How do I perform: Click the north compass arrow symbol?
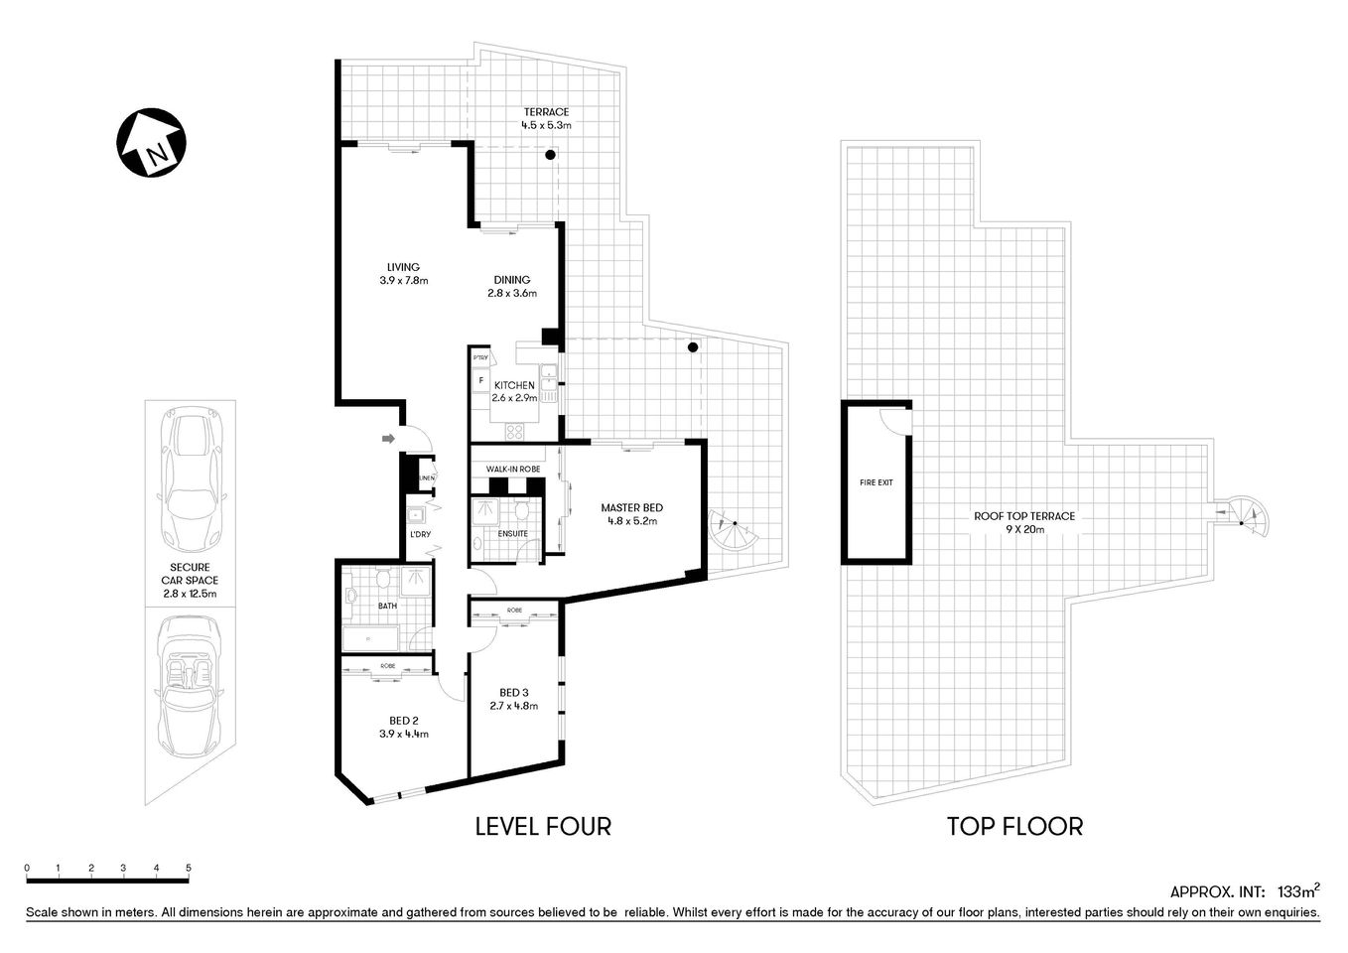click(x=150, y=143)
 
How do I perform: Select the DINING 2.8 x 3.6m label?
click(x=512, y=286)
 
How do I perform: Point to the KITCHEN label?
click(x=515, y=385)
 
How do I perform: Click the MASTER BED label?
click(x=631, y=508)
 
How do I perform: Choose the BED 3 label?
click(x=513, y=693)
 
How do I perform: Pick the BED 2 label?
click(x=403, y=722)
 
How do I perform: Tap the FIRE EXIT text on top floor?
click(x=876, y=482)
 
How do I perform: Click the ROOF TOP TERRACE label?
click(x=1024, y=516)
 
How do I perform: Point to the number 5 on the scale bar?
click(x=188, y=868)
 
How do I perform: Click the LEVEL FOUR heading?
click(x=543, y=825)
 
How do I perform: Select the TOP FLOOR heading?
click(x=1014, y=825)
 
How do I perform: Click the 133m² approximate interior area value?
click(x=1297, y=890)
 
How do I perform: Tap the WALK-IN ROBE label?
click(x=512, y=469)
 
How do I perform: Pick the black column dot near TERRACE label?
click(x=549, y=155)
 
